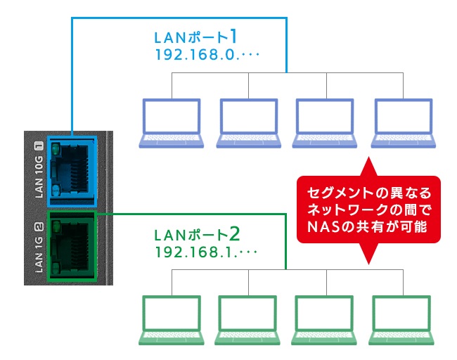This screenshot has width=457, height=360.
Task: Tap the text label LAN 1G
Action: pyautogui.click(x=39, y=246)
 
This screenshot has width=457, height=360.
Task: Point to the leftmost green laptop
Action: pyautogui.click(x=172, y=319)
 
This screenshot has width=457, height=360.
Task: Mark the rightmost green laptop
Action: pyautogui.click(x=401, y=319)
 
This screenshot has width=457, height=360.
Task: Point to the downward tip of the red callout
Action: pyautogui.click(x=368, y=261)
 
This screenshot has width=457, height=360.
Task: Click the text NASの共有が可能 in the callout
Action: pyautogui.click(x=368, y=228)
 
